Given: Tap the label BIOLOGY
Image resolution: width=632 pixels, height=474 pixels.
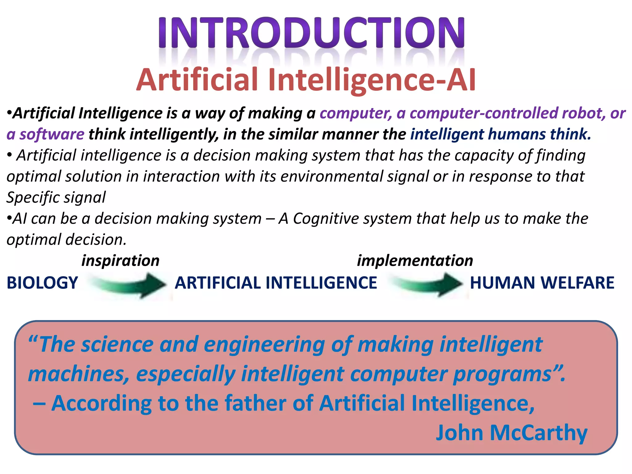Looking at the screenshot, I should click(x=42, y=283).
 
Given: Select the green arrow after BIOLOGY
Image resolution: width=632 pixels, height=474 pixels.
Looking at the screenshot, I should click(x=128, y=285).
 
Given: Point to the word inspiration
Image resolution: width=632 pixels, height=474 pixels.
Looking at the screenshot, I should click(x=120, y=261).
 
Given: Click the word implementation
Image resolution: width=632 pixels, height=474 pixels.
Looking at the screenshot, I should click(x=415, y=261).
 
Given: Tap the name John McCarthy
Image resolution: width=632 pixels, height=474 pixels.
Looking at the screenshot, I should click(x=511, y=433).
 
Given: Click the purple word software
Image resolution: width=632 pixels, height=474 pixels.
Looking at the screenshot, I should click(x=52, y=134).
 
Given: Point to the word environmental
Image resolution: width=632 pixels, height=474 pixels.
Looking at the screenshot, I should click(x=331, y=177).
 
